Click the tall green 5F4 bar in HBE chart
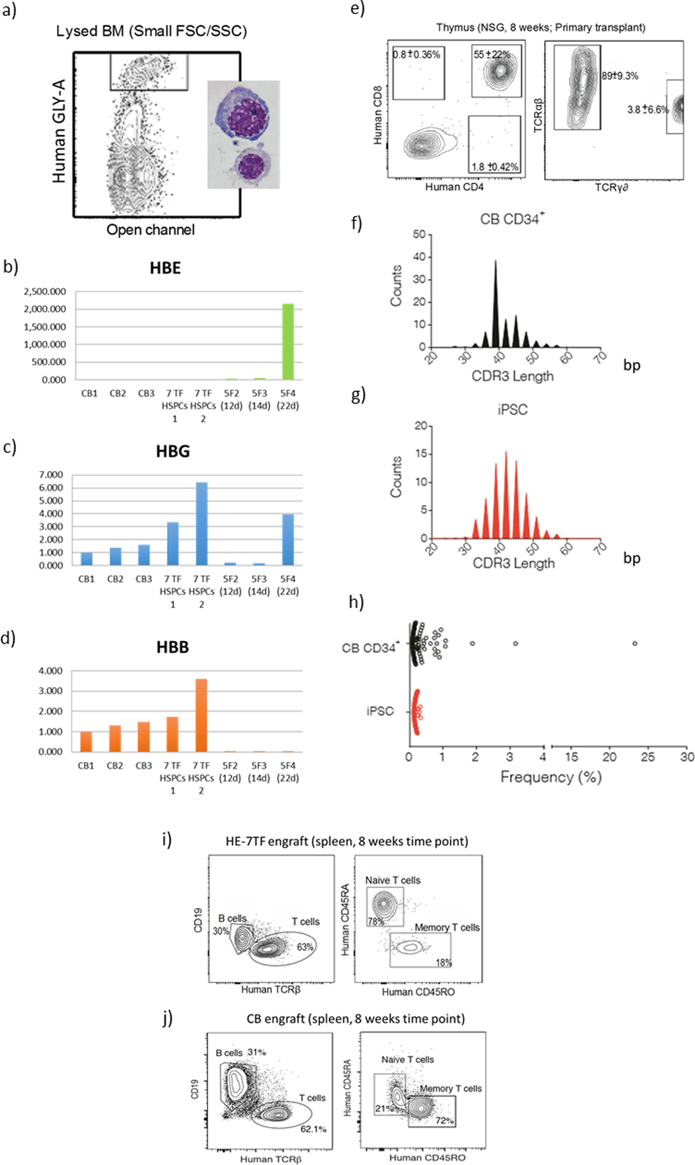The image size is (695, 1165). click(x=288, y=342)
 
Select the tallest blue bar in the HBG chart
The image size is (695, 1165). click(x=201, y=524)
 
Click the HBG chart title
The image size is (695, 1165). click(x=173, y=451)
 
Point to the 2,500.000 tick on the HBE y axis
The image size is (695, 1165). click(x=45, y=292)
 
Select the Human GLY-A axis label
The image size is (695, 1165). click(x=59, y=131)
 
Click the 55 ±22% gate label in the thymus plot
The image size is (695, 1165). click(x=491, y=54)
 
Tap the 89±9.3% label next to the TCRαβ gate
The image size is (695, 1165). click(x=620, y=76)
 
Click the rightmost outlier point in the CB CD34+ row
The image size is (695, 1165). click(x=635, y=644)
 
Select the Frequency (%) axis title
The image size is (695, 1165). click(x=551, y=777)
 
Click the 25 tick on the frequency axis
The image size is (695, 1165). click(x=648, y=757)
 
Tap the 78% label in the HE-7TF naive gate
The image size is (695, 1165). click(x=376, y=921)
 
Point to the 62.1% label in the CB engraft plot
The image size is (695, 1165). click(x=313, y=1128)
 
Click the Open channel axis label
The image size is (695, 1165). click(x=150, y=230)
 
